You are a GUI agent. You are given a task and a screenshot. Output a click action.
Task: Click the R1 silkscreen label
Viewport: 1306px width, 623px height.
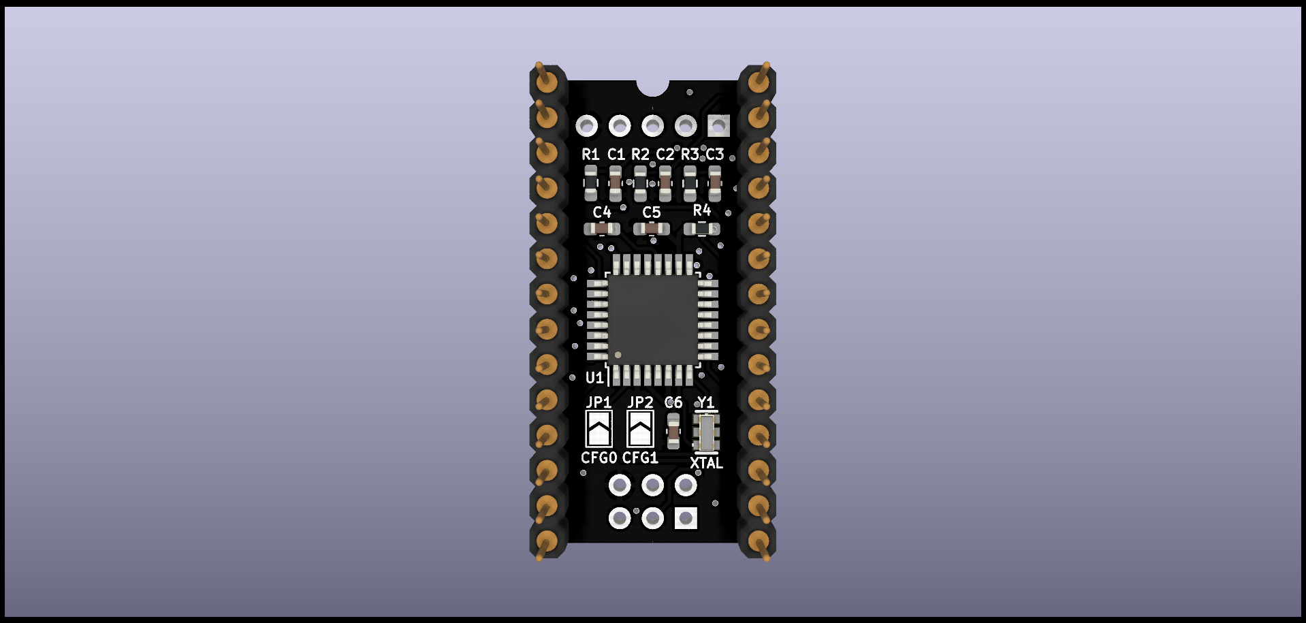click(590, 155)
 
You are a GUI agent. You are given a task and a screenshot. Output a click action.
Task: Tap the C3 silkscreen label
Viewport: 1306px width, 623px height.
click(714, 155)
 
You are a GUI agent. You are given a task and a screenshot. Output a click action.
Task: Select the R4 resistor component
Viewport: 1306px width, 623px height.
click(701, 229)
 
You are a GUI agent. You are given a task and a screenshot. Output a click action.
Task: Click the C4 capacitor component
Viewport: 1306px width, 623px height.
click(602, 229)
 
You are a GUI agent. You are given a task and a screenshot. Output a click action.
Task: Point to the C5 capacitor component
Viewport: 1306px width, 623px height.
click(652, 229)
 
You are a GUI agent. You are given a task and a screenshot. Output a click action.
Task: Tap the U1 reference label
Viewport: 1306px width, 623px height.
click(594, 378)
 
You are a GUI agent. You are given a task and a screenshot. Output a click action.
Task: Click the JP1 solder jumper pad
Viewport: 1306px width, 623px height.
click(599, 428)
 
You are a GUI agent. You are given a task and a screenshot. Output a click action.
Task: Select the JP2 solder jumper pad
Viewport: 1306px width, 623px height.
click(640, 428)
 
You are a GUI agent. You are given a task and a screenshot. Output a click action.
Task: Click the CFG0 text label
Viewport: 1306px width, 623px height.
click(599, 458)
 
